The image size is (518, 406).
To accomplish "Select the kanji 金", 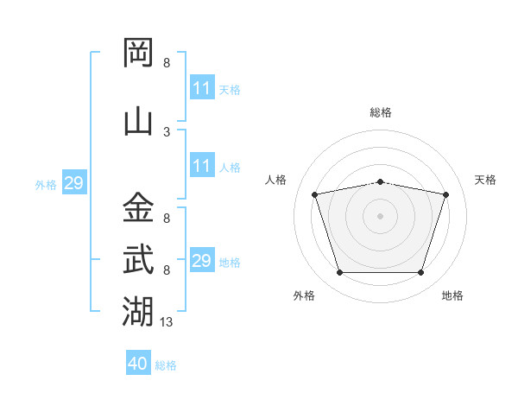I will (138, 208).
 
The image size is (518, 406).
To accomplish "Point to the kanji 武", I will (138, 259).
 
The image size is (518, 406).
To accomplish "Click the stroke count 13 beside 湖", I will (167, 322).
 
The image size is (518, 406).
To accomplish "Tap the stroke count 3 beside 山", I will (167, 131).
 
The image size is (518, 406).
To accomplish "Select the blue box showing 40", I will (138, 364).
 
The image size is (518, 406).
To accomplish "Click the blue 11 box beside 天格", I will (202, 88).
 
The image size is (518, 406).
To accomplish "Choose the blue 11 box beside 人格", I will (202, 166).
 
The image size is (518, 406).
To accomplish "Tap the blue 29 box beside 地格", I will (202, 261).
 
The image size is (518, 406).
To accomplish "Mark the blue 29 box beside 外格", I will (73, 183).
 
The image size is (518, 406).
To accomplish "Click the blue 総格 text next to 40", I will (166, 365).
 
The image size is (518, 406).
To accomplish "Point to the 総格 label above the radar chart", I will (380, 112).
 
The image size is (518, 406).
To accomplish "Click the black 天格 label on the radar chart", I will (486, 180).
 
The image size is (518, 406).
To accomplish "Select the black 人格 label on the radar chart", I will (275, 180).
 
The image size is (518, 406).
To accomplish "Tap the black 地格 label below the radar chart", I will (452, 295).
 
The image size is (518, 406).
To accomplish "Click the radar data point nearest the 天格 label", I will (445, 195).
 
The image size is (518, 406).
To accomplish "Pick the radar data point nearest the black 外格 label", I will (339, 273).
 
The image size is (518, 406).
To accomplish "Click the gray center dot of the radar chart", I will (380, 216).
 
